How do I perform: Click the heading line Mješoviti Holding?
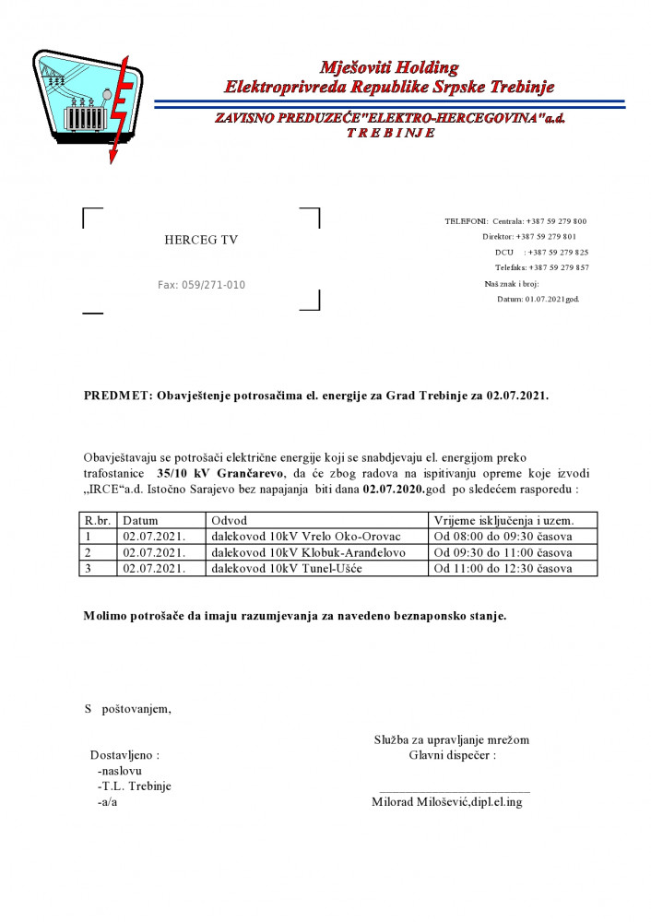pyautogui.click(x=388, y=67)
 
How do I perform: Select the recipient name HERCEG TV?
pyautogui.click(x=201, y=240)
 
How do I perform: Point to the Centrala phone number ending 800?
pyautogui.click(x=543, y=221)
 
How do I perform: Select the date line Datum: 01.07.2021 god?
pyautogui.click(x=539, y=299)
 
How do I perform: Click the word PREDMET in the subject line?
pyautogui.click(x=118, y=396)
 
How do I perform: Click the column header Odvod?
pyautogui.click(x=230, y=520)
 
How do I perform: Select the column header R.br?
pyautogui.click(x=98, y=520)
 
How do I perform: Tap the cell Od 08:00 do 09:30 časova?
pyautogui.click(x=503, y=536)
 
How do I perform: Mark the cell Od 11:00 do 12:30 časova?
pyautogui.click(x=503, y=568)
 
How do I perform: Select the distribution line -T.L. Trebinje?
pyautogui.click(x=134, y=786)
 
